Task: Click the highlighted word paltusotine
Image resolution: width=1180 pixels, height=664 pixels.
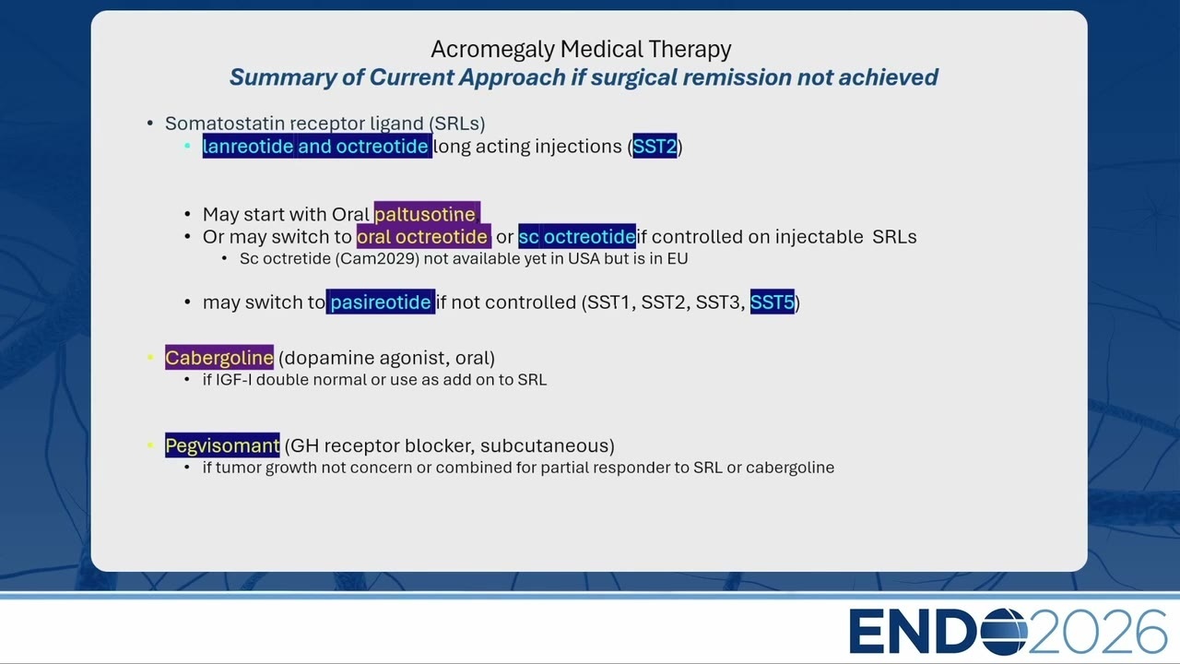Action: pos(427,215)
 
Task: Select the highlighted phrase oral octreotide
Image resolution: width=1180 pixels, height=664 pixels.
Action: pos(423,237)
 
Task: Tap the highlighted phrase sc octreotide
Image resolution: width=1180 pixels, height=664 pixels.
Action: pos(577,237)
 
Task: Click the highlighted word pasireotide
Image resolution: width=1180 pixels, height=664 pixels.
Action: pos(381,302)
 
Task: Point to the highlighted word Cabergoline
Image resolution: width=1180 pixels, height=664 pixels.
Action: pos(219,358)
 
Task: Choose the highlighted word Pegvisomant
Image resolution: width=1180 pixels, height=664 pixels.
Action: pos(222,445)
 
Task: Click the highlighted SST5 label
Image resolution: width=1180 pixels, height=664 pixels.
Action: pos(772,302)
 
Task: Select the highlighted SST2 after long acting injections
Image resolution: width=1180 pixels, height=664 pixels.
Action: pos(655,146)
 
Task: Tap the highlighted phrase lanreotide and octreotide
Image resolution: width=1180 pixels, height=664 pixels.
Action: pos(317,146)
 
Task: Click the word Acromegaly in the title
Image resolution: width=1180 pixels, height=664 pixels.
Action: pos(492,50)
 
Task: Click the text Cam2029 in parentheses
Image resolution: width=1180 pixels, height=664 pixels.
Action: pos(377,259)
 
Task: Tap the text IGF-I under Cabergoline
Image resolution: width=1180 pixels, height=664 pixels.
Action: pos(234,380)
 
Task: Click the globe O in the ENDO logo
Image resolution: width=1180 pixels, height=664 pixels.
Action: pos(1004,632)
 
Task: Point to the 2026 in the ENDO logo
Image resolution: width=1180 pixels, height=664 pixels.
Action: pos(1097,632)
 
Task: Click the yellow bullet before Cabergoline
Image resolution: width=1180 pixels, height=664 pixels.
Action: pos(150,358)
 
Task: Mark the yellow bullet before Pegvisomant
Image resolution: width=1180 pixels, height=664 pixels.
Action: pos(150,445)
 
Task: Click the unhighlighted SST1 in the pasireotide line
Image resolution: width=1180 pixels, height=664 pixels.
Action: pos(608,302)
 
